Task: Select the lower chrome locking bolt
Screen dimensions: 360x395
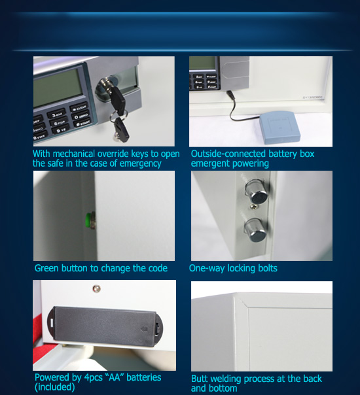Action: coord(255,230)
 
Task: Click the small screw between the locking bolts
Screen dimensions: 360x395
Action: coord(254,207)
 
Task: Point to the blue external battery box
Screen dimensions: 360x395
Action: coord(280,128)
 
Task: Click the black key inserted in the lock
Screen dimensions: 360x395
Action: coord(117,98)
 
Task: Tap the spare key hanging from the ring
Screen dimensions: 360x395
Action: coord(121,129)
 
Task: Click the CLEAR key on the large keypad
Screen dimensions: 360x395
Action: coord(79,108)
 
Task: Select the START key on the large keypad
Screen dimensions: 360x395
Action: coord(82,123)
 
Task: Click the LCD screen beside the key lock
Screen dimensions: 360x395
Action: coord(58,87)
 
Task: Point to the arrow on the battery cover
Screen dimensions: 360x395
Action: coord(145,329)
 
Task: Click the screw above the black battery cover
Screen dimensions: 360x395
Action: coord(97,288)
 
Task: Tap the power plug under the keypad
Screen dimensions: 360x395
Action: coord(230,95)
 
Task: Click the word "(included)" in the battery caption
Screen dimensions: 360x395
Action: coord(55,387)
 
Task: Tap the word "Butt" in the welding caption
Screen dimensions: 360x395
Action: coord(199,379)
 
